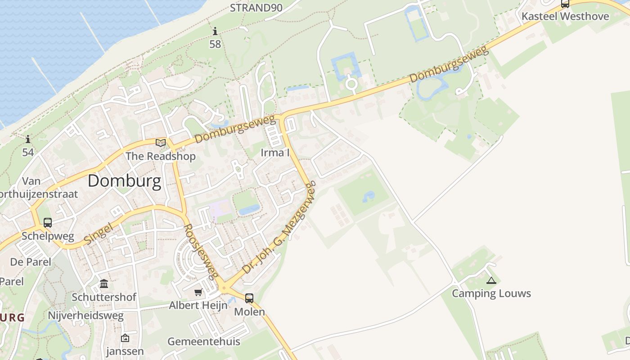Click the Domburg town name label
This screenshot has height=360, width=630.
[124, 181]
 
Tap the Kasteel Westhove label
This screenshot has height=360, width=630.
[565, 17]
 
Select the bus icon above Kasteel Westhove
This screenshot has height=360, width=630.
[565, 4]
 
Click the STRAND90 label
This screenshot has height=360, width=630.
[256, 8]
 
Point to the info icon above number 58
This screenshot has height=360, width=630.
[215, 31]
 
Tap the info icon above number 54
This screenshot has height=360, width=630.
[28, 139]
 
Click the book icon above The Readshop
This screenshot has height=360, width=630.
[161, 143]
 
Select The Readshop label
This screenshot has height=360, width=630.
[161, 156]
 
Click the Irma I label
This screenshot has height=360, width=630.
[275, 153]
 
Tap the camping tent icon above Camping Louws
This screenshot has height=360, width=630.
[491, 281]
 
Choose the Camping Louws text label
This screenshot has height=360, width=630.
[491, 294]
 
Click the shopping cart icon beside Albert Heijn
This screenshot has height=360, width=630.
[198, 292]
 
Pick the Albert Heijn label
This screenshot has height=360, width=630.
[198, 306]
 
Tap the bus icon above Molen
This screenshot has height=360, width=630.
[249, 298]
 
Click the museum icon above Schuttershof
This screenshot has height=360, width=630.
[104, 284]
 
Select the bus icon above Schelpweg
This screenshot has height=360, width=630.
[48, 223]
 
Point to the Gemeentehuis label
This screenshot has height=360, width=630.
[204, 342]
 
